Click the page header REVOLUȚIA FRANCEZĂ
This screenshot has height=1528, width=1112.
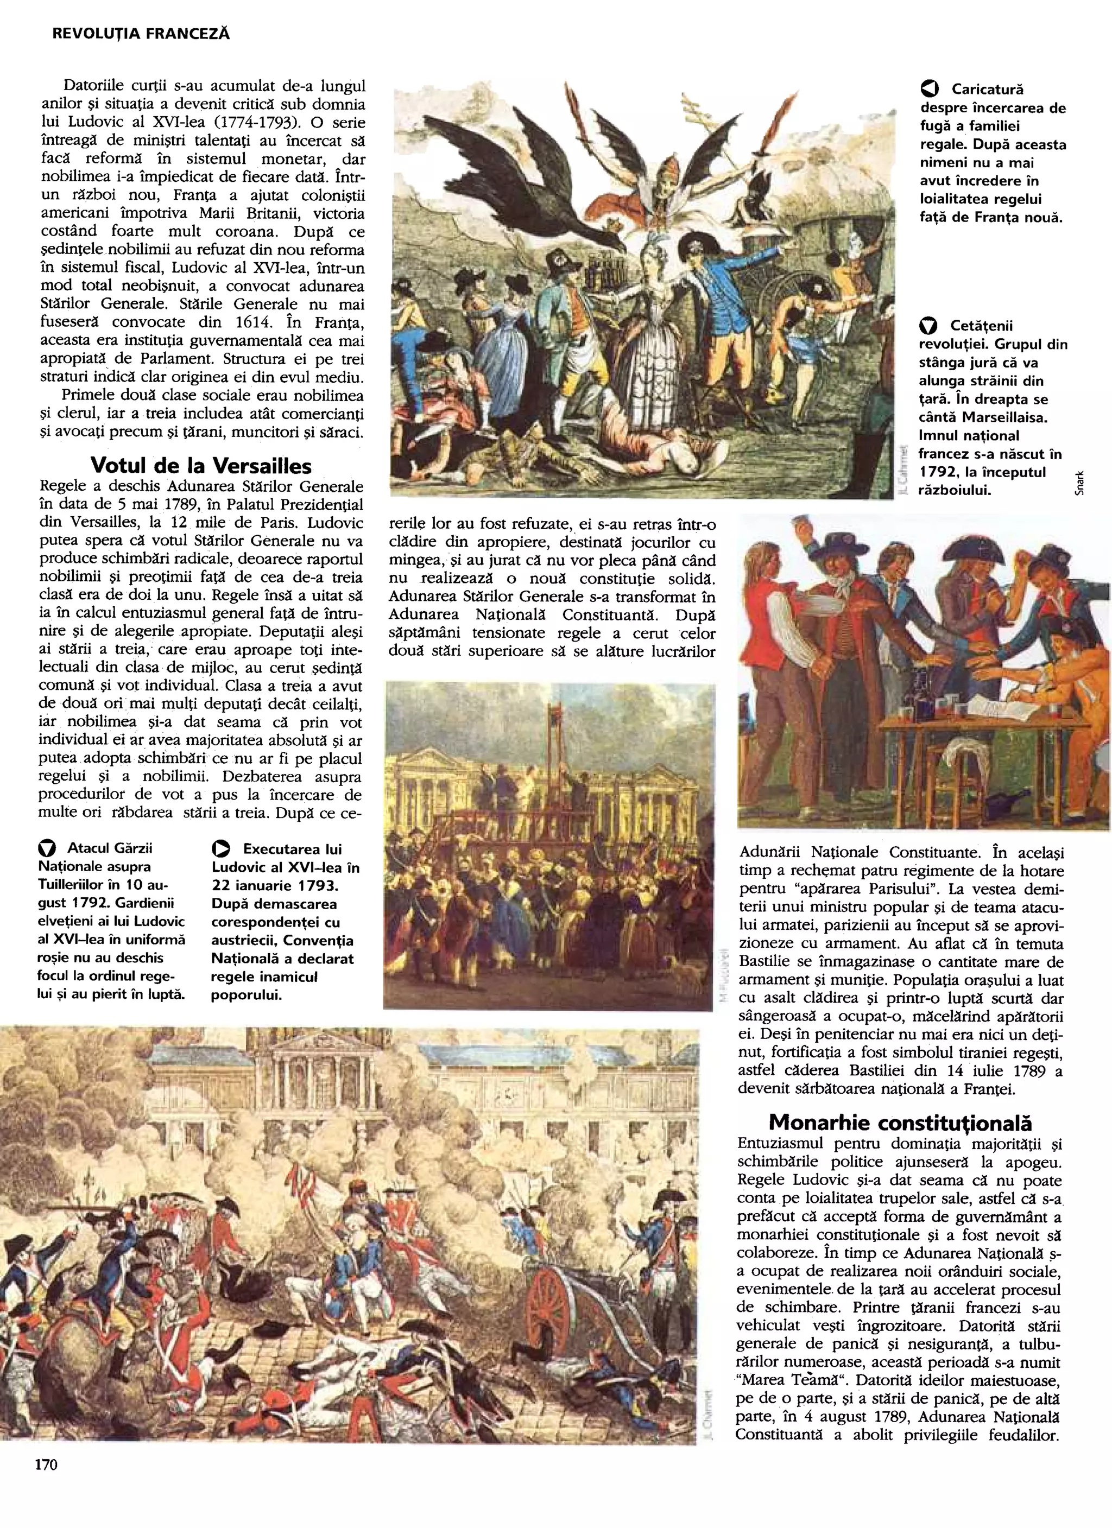(141, 34)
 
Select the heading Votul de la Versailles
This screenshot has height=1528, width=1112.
(201, 466)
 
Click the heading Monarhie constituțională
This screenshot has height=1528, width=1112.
(900, 1123)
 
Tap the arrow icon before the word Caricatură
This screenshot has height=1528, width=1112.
(928, 89)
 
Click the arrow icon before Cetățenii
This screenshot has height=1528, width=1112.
(928, 326)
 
